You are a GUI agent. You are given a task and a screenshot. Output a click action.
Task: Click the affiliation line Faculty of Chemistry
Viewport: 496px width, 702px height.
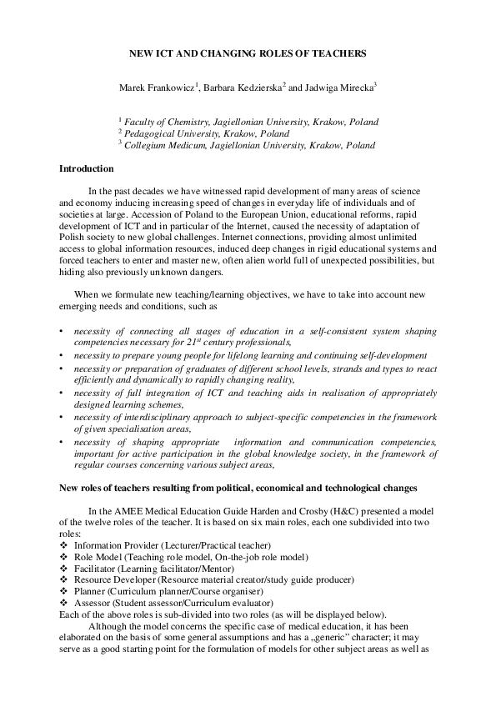click(x=250, y=122)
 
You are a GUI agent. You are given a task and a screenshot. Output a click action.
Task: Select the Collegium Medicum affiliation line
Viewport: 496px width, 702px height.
click(x=249, y=145)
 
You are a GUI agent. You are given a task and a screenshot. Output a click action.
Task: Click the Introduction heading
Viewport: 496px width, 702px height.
click(x=86, y=168)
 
